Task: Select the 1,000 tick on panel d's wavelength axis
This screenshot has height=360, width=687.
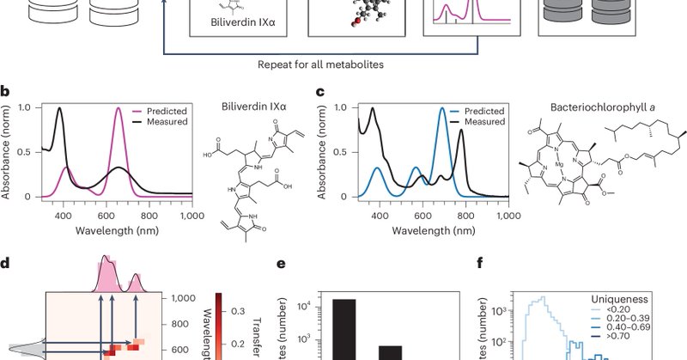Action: pyautogui.click(x=183, y=297)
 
